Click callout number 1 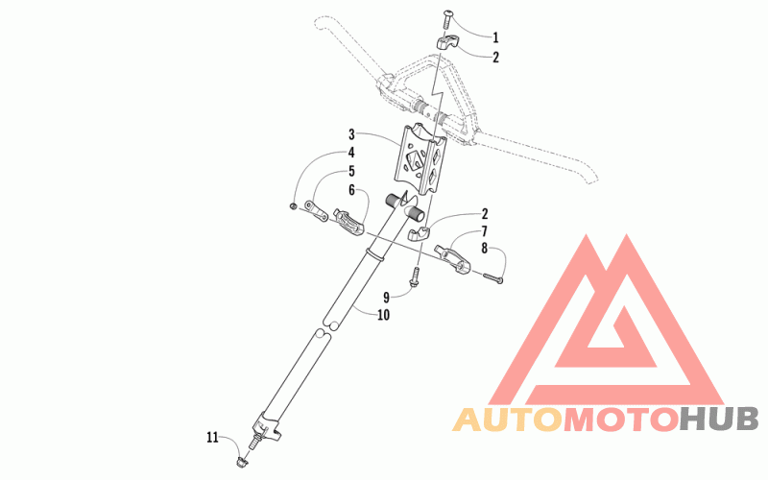[x=495, y=38]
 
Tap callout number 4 [x=351, y=153]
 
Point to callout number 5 [x=351, y=173]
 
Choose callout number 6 [x=351, y=191]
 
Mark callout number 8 [x=484, y=249]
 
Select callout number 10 [x=384, y=314]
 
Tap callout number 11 [x=213, y=438]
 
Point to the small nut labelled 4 [x=293, y=205]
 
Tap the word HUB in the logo [x=719, y=420]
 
